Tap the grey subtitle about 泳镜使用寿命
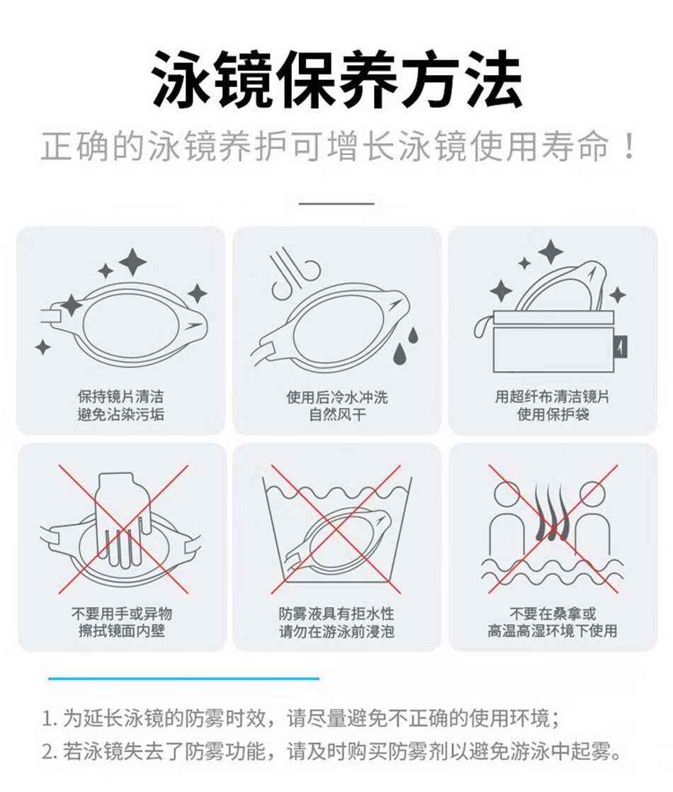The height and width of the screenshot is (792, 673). [x=337, y=147]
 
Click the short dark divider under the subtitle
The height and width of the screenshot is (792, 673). [x=336, y=203]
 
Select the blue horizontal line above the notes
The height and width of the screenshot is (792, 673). [x=184, y=679]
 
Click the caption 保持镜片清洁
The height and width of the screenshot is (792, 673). [x=120, y=397]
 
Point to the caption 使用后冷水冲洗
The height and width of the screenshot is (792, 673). [x=337, y=397]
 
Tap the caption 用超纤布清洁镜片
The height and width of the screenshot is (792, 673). [x=553, y=397]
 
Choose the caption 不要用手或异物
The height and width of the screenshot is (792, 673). [x=122, y=613]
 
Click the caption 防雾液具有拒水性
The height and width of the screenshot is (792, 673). [x=336, y=613]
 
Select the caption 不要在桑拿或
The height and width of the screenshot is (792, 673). [x=553, y=613]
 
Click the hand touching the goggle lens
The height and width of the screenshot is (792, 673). [x=122, y=518]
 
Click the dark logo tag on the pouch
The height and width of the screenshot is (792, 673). [x=621, y=347]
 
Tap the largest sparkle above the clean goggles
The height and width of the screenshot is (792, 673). [x=133, y=261]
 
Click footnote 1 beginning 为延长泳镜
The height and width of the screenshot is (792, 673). [x=301, y=718]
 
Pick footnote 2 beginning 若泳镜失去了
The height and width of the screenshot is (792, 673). [x=332, y=752]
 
